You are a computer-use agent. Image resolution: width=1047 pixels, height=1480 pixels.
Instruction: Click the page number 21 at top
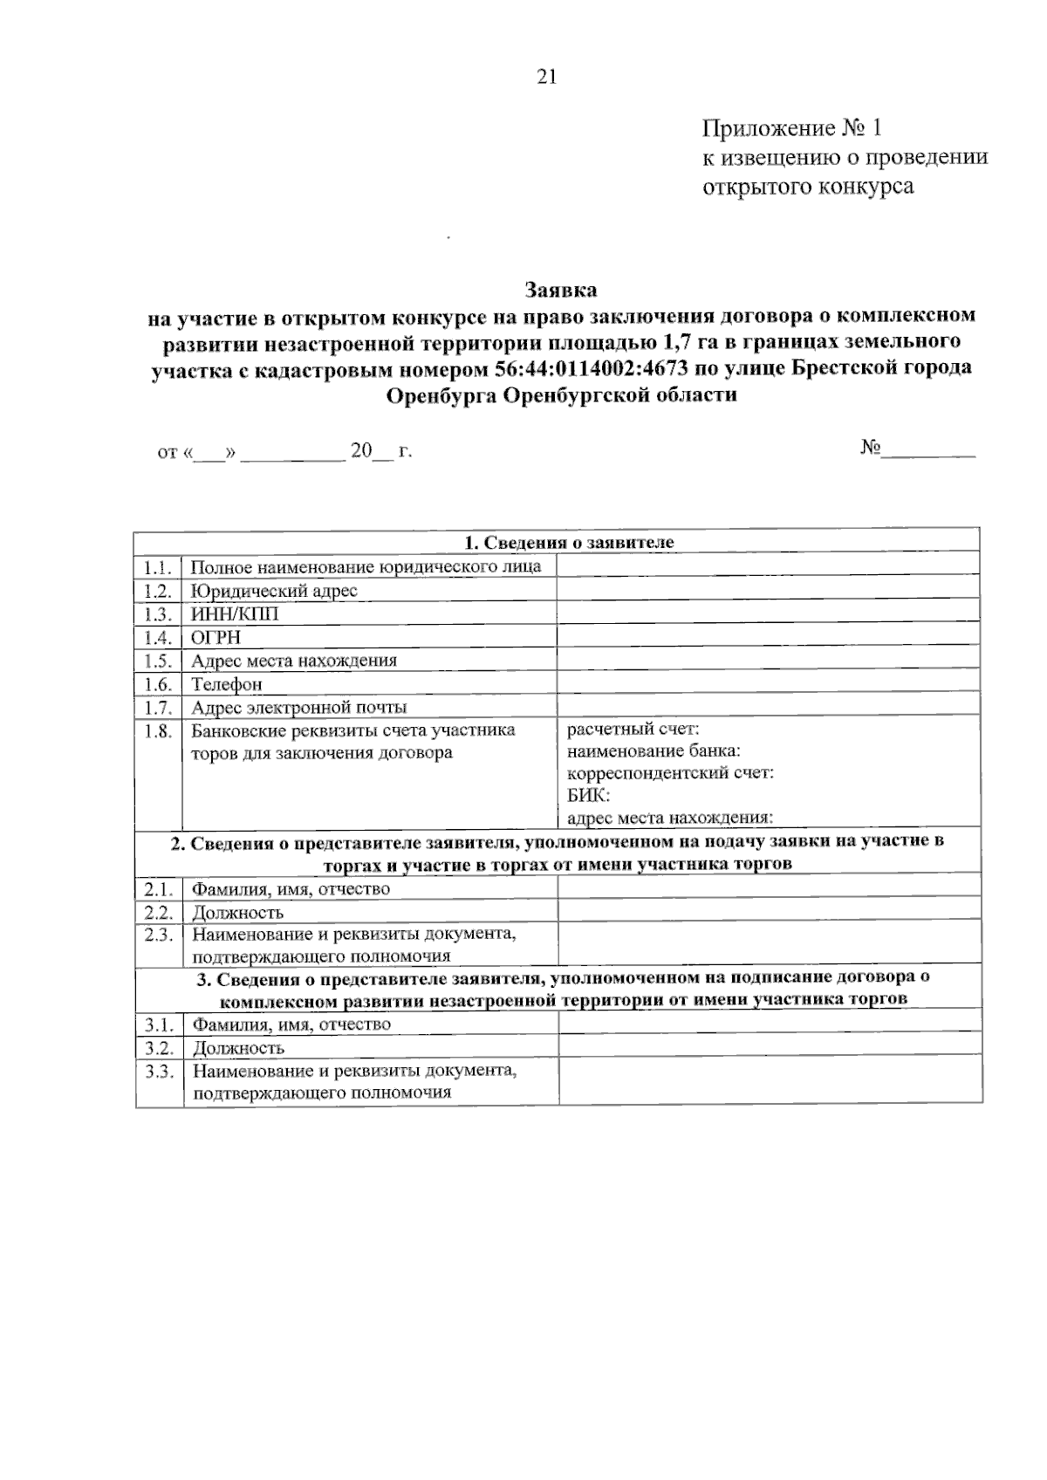coord(546,77)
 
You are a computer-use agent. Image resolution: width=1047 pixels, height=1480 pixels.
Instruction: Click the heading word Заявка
coord(560,288)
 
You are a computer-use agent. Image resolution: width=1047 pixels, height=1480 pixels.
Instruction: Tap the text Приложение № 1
coord(792,129)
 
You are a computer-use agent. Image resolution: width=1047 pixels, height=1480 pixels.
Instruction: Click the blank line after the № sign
coord(927,451)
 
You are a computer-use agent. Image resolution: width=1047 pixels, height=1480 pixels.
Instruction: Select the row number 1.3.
coord(158,614)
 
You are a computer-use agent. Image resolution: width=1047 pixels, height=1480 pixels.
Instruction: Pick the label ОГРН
coord(216,638)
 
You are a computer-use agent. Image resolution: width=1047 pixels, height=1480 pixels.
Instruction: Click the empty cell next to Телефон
coord(767,683)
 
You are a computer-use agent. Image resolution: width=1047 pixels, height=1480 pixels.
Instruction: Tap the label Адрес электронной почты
coord(299,708)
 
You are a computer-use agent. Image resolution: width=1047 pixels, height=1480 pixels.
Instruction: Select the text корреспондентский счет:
coord(670,773)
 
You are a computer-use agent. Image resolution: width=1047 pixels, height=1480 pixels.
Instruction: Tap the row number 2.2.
coord(159,913)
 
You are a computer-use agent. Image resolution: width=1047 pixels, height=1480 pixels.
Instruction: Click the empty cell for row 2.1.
coord(769,888)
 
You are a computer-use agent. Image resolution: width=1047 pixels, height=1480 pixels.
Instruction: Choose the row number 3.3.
coord(160,1072)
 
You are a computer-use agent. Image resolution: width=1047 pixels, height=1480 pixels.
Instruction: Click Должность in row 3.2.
coord(238,1048)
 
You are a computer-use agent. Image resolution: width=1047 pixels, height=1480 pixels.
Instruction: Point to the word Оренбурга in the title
coord(441,395)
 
